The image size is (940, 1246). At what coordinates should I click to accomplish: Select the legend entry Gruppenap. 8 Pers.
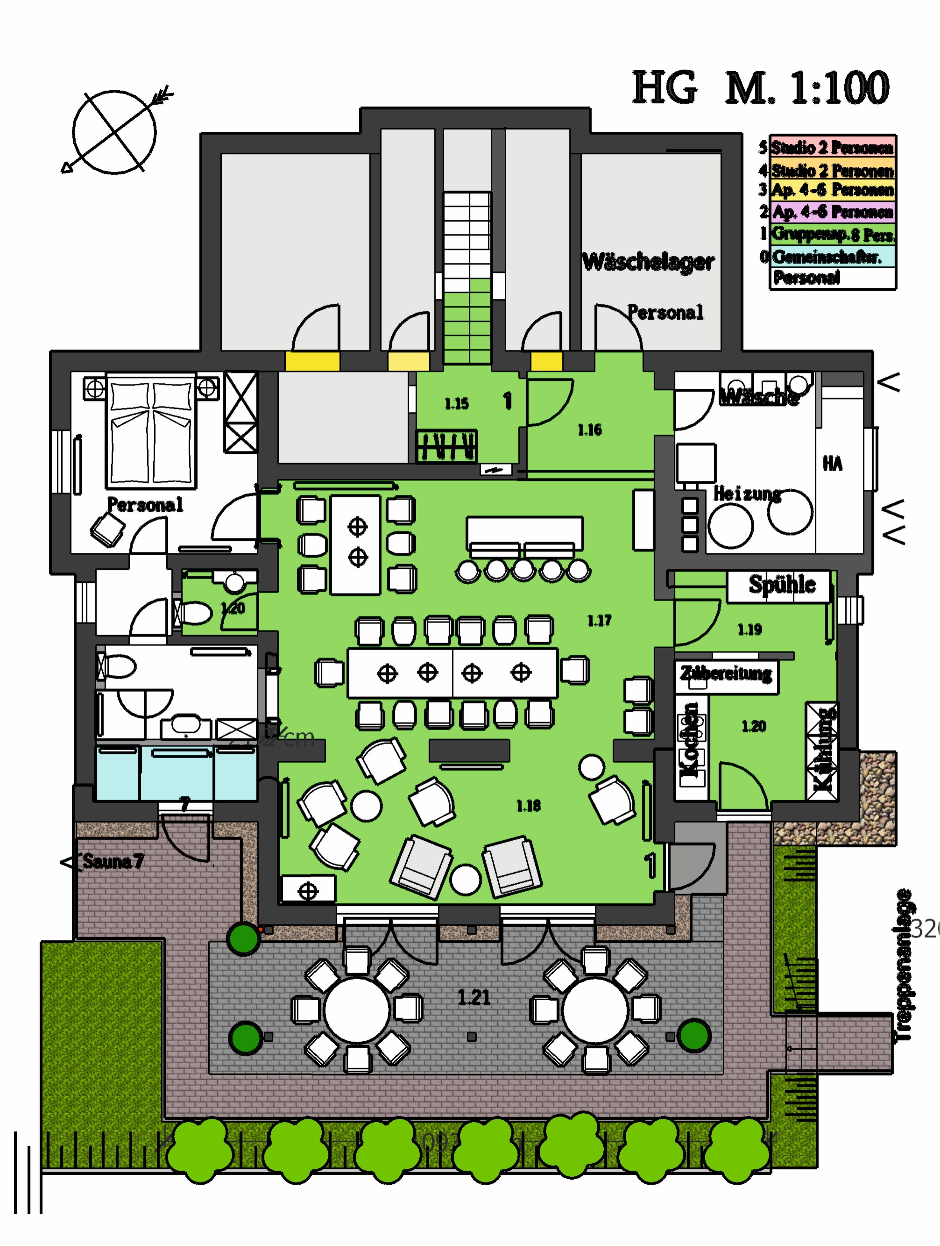(x=832, y=234)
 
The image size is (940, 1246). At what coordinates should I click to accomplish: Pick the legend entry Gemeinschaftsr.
(x=826, y=257)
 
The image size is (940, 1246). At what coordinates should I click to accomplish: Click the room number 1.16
(x=589, y=430)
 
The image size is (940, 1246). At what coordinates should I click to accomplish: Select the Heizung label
(x=747, y=494)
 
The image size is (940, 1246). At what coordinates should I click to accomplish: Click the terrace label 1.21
(x=474, y=997)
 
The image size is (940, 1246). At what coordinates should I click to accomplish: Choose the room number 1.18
(x=528, y=806)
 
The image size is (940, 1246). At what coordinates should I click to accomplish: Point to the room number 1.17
(x=599, y=621)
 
